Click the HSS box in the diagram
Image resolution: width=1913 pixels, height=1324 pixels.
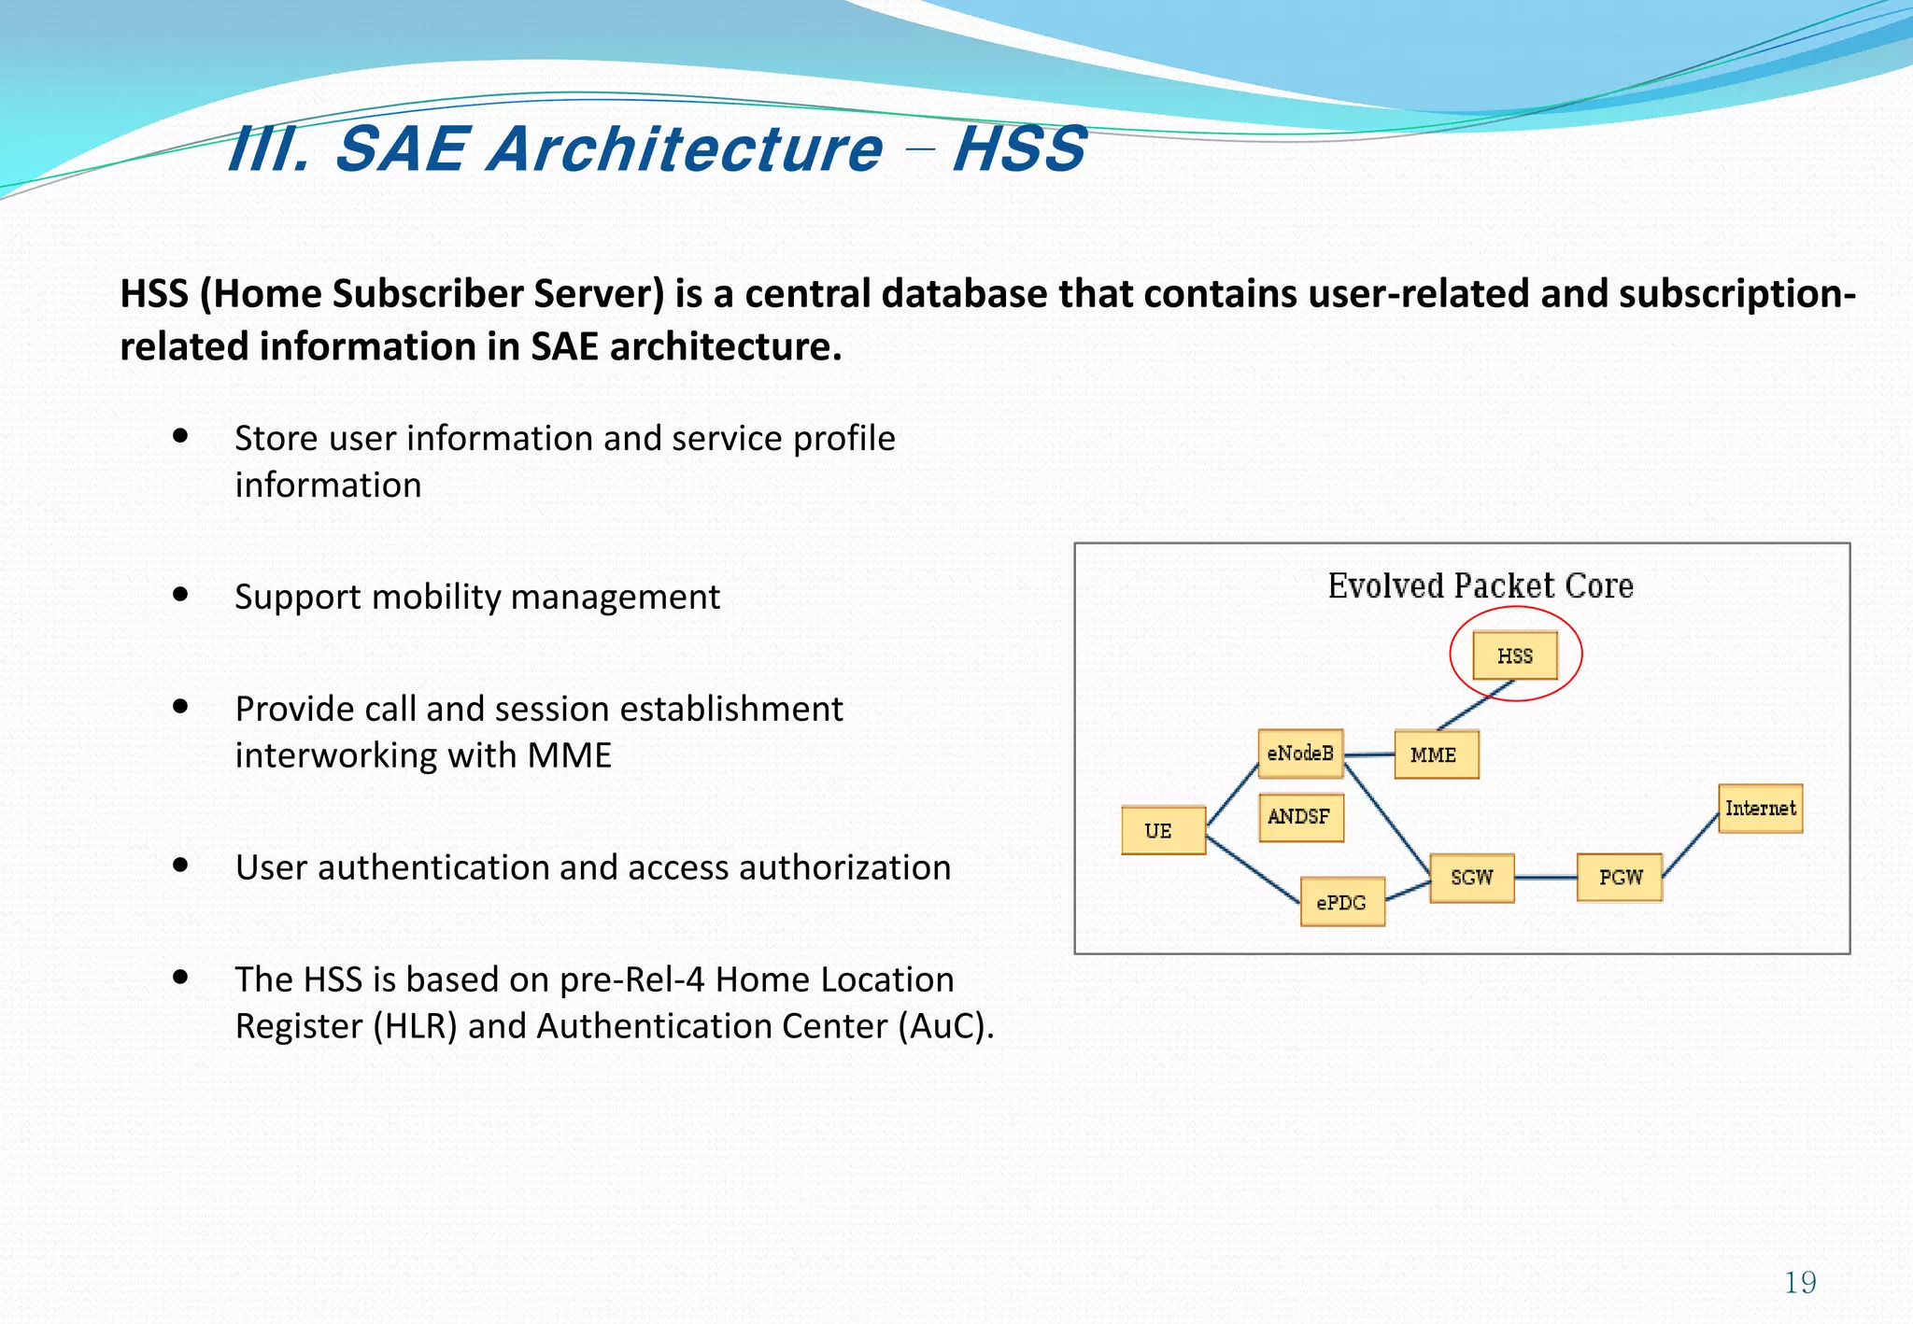click(1514, 655)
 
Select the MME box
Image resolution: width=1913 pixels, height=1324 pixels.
click(1436, 754)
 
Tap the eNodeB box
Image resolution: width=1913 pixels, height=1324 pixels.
click(1300, 754)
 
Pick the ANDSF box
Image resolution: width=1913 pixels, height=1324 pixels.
click(1300, 817)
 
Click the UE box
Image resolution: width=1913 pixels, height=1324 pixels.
click(1163, 830)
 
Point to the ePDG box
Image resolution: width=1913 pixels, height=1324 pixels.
click(1342, 902)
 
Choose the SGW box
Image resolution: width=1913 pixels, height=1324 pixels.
click(1471, 878)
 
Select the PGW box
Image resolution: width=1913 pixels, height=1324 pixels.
click(1620, 878)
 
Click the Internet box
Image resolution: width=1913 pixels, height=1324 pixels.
click(1760, 808)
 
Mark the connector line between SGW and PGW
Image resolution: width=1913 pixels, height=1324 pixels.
click(1545, 878)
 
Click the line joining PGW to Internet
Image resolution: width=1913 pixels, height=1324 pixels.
click(1691, 844)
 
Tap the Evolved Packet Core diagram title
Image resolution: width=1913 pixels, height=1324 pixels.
click(1481, 586)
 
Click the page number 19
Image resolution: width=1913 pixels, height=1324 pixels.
click(1800, 1283)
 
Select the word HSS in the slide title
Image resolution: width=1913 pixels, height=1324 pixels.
click(1019, 149)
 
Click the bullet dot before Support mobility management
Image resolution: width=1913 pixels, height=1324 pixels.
click(181, 594)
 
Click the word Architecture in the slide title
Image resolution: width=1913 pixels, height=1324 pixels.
click(684, 149)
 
